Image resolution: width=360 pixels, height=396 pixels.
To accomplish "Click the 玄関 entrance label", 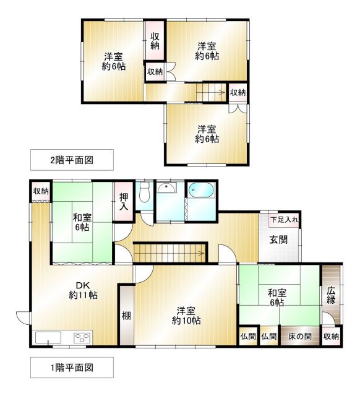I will coord(278,239).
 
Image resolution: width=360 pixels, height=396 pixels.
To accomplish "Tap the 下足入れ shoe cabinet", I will coord(285,219).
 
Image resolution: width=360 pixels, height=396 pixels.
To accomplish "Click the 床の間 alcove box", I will coord(299,337).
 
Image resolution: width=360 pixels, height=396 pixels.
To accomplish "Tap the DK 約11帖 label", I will coord(84,290).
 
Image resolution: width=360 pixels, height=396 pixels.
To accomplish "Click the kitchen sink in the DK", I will coord(48,338).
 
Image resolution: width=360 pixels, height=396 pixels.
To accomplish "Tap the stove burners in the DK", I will coord(82,338).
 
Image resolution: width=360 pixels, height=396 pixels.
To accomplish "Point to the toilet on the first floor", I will coord(144,193).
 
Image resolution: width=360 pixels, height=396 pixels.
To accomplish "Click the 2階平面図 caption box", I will coord(72,160).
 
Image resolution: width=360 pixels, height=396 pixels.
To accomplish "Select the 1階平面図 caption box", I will coord(72,368).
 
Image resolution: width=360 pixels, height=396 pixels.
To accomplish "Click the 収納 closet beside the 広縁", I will coord(331,337).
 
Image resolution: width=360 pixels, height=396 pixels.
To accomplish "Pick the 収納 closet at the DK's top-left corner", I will coord(41,191).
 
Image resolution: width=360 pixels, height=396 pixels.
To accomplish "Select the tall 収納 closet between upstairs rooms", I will coord(155,41).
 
